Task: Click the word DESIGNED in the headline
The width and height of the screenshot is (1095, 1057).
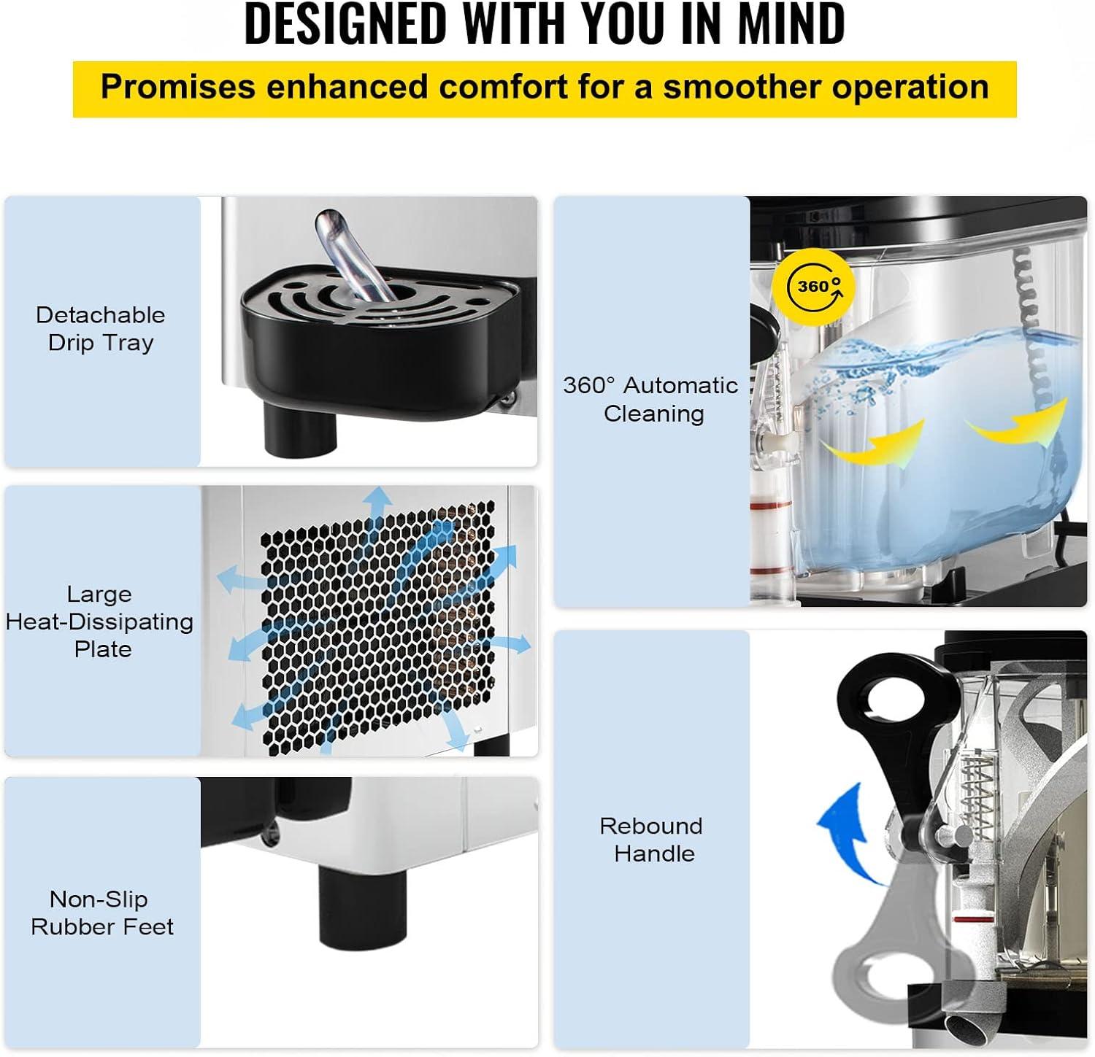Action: tap(345, 23)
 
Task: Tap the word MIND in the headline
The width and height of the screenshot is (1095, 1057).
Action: tap(791, 23)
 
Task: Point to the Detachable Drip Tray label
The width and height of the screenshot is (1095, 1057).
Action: tap(101, 328)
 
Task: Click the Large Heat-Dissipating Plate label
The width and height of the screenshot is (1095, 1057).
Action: tap(100, 622)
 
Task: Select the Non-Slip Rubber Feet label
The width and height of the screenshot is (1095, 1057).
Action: tap(101, 913)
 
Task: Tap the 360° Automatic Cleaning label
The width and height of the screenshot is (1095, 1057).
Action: tap(650, 399)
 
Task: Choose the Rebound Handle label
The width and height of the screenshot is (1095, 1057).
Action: tap(651, 840)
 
